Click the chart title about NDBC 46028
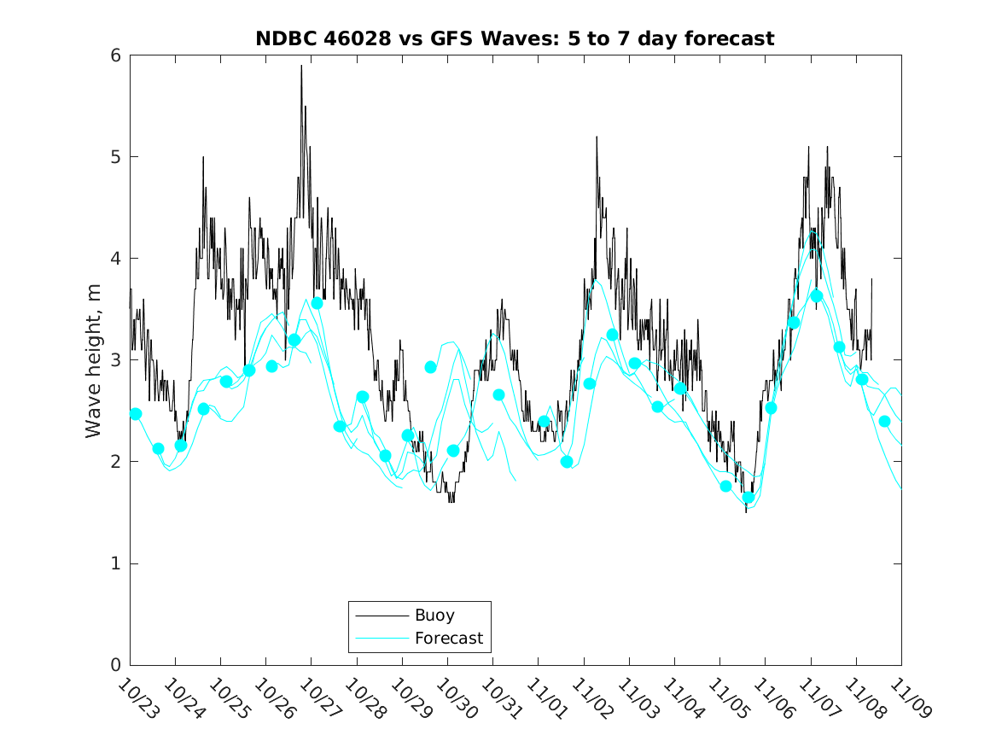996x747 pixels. (515, 38)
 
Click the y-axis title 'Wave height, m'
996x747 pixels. (94, 361)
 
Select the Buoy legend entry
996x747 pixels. (434, 615)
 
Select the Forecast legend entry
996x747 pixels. (448, 638)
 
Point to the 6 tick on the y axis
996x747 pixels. (114, 55)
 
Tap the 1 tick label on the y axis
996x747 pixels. (114, 563)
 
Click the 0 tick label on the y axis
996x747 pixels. (114, 665)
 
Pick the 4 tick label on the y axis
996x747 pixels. (114, 259)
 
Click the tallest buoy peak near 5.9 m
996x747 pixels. (301, 67)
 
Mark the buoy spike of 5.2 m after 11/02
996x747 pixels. (597, 137)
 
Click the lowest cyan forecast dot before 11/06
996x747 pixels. (748, 498)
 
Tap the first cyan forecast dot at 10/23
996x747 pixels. (135, 414)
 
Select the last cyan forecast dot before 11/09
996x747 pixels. (884, 421)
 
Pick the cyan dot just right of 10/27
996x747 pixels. (317, 303)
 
